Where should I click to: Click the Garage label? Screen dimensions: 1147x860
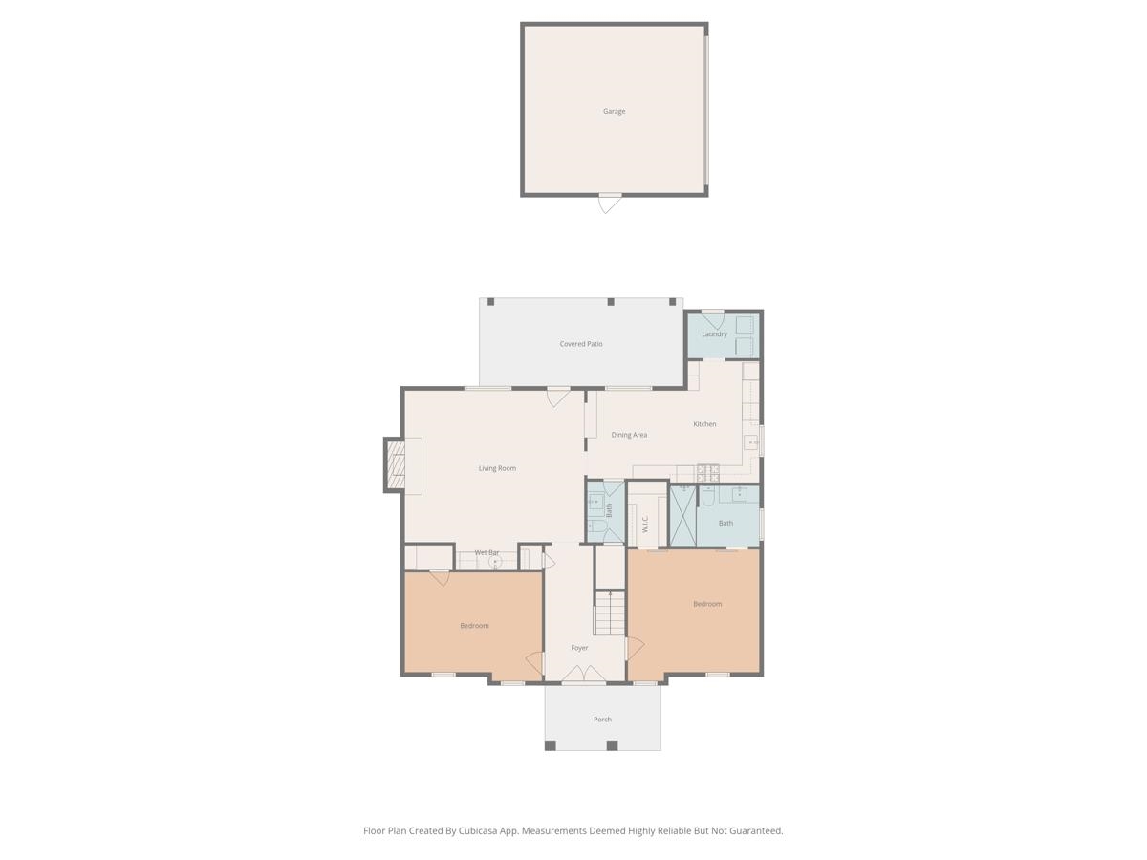614,111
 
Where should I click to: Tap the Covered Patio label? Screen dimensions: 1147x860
580,344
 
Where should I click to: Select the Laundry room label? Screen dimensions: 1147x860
714,333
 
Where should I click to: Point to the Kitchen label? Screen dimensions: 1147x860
704,424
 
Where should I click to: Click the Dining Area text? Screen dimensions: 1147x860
629,435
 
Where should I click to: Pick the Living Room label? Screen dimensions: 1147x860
497,468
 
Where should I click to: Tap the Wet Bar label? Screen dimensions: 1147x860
487,552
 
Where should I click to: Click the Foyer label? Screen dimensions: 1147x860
579,648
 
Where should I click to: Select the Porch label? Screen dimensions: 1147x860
602,719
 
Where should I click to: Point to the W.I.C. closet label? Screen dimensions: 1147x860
645,524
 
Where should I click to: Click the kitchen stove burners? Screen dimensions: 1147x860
708,473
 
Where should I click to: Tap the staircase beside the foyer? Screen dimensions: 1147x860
609,613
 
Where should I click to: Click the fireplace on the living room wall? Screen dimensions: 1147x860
395,464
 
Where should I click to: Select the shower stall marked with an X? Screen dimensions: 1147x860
683,516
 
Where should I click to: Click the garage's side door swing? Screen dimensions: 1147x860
609,204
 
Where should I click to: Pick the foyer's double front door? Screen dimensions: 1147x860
584,674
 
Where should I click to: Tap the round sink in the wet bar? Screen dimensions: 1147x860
494,562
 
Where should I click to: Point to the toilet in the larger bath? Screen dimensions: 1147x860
708,496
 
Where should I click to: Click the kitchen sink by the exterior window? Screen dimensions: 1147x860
751,442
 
